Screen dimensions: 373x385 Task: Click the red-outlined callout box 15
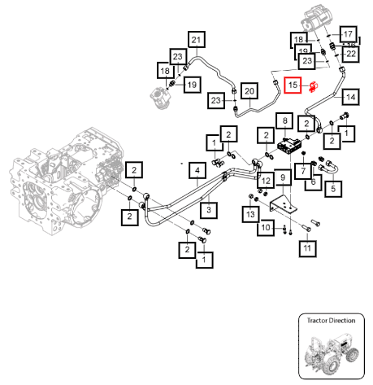click(x=293, y=85)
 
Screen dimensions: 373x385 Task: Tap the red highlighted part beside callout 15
click(x=314, y=87)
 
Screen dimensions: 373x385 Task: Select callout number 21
click(x=197, y=40)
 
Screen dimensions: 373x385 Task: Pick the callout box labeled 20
click(x=249, y=91)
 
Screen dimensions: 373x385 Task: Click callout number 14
click(x=351, y=97)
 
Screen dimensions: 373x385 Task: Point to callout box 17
click(x=349, y=34)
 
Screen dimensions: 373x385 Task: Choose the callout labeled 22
click(x=351, y=54)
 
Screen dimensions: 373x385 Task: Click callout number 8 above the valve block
click(x=284, y=120)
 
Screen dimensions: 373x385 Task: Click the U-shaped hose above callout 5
click(x=328, y=167)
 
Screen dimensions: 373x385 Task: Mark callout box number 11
click(x=307, y=248)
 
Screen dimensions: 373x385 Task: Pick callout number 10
click(x=266, y=227)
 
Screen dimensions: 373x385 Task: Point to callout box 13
click(x=251, y=214)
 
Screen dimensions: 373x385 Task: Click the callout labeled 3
click(x=209, y=210)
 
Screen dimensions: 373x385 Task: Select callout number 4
click(x=197, y=171)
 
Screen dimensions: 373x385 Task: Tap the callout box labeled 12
click(x=266, y=181)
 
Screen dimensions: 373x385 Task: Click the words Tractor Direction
click(x=331, y=321)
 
